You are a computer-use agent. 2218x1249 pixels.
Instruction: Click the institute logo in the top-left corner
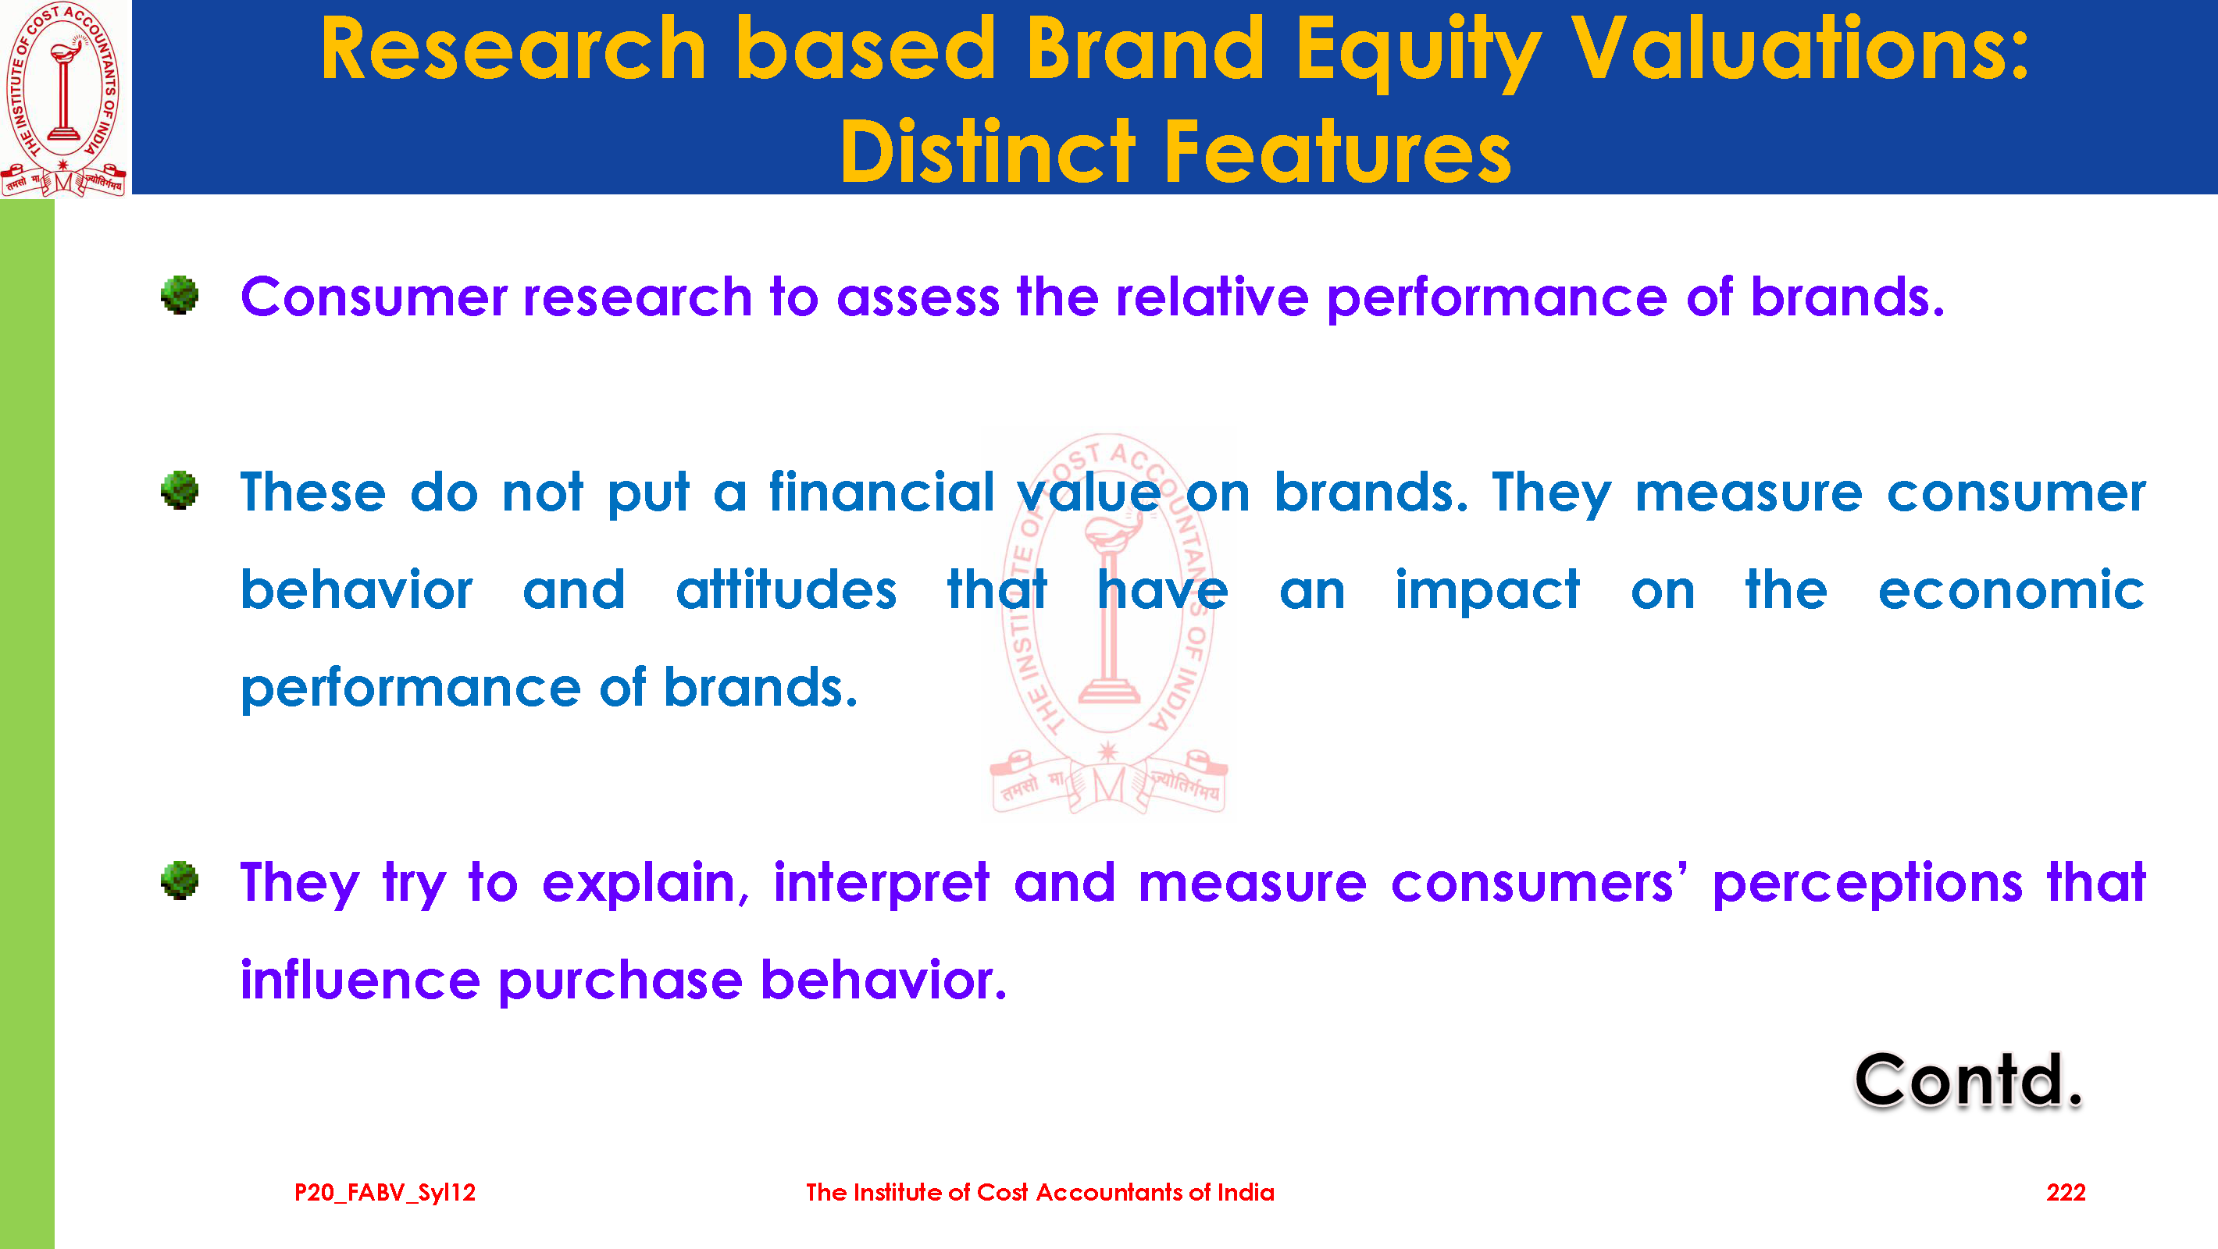(65, 98)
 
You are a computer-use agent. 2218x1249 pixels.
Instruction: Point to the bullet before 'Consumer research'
(179, 295)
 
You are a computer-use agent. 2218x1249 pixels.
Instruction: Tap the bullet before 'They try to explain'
(179, 881)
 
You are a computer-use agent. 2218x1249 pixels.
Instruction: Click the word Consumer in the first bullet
(373, 297)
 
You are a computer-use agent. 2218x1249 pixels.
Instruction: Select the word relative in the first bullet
(1211, 297)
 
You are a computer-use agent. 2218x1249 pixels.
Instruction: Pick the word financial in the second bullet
(882, 492)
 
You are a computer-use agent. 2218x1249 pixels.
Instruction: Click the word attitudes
(786, 589)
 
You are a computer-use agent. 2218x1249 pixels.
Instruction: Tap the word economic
(2011, 590)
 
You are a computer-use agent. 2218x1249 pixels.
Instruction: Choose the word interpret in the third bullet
(882, 884)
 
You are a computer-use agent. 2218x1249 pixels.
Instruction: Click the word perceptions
(1867, 884)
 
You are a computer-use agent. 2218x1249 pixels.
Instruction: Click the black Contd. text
(1968, 1080)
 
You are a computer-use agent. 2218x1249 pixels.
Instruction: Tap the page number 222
(2066, 1192)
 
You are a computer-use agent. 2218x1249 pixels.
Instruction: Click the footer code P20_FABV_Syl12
(385, 1193)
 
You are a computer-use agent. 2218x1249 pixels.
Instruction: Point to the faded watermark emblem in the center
(1108, 623)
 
